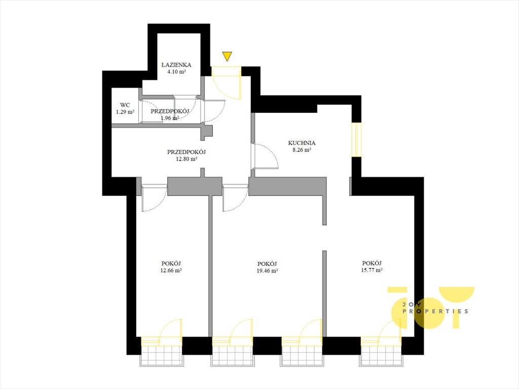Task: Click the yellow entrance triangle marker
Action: point(227,56)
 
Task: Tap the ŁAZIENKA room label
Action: point(176,65)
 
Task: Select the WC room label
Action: point(125,105)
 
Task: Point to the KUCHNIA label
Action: point(302,143)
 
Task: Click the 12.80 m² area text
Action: point(187,159)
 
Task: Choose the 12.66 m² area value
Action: point(171,270)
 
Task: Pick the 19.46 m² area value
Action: point(267,270)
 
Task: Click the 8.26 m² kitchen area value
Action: point(302,149)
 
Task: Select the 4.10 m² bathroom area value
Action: point(176,71)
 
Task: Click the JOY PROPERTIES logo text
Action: point(435,307)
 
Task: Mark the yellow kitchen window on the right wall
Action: point(356,139)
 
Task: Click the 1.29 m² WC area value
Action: point(125,112)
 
